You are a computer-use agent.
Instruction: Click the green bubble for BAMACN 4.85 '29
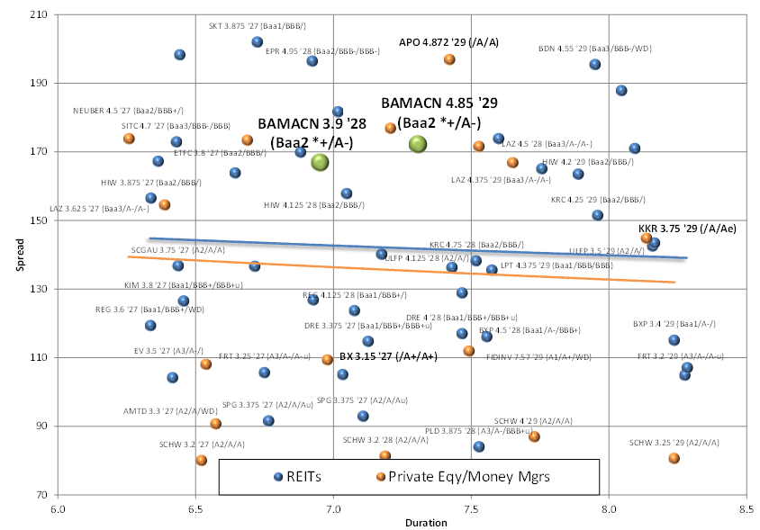pyautogui.click(x=418, y=143)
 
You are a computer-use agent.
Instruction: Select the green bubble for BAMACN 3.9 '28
pyautogui.click(x=320, y=162)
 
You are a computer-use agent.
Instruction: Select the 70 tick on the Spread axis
pyautogui.click(x=41, y=495)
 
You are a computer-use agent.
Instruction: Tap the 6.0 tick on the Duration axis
pyautogui.click(x=58, y=508)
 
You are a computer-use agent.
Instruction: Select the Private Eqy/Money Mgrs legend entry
pyautogui.click(x=462, y=476)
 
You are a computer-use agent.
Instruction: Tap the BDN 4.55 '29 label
pyautogui.click(x=594, y=49)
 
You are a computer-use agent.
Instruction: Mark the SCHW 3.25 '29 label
pyautogui.click(x=674, y=443)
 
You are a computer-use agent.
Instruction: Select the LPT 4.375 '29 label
pyautogui.click(x=556, y=265)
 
